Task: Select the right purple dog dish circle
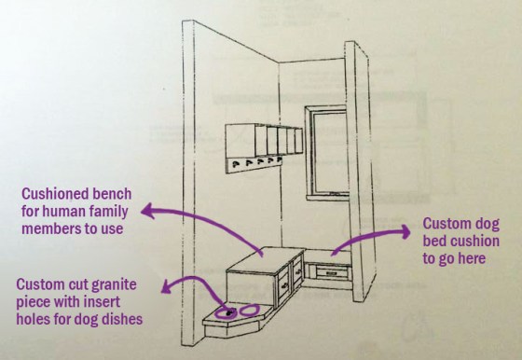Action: tap(250, 309)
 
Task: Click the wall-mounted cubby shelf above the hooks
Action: tap(265, 141)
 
